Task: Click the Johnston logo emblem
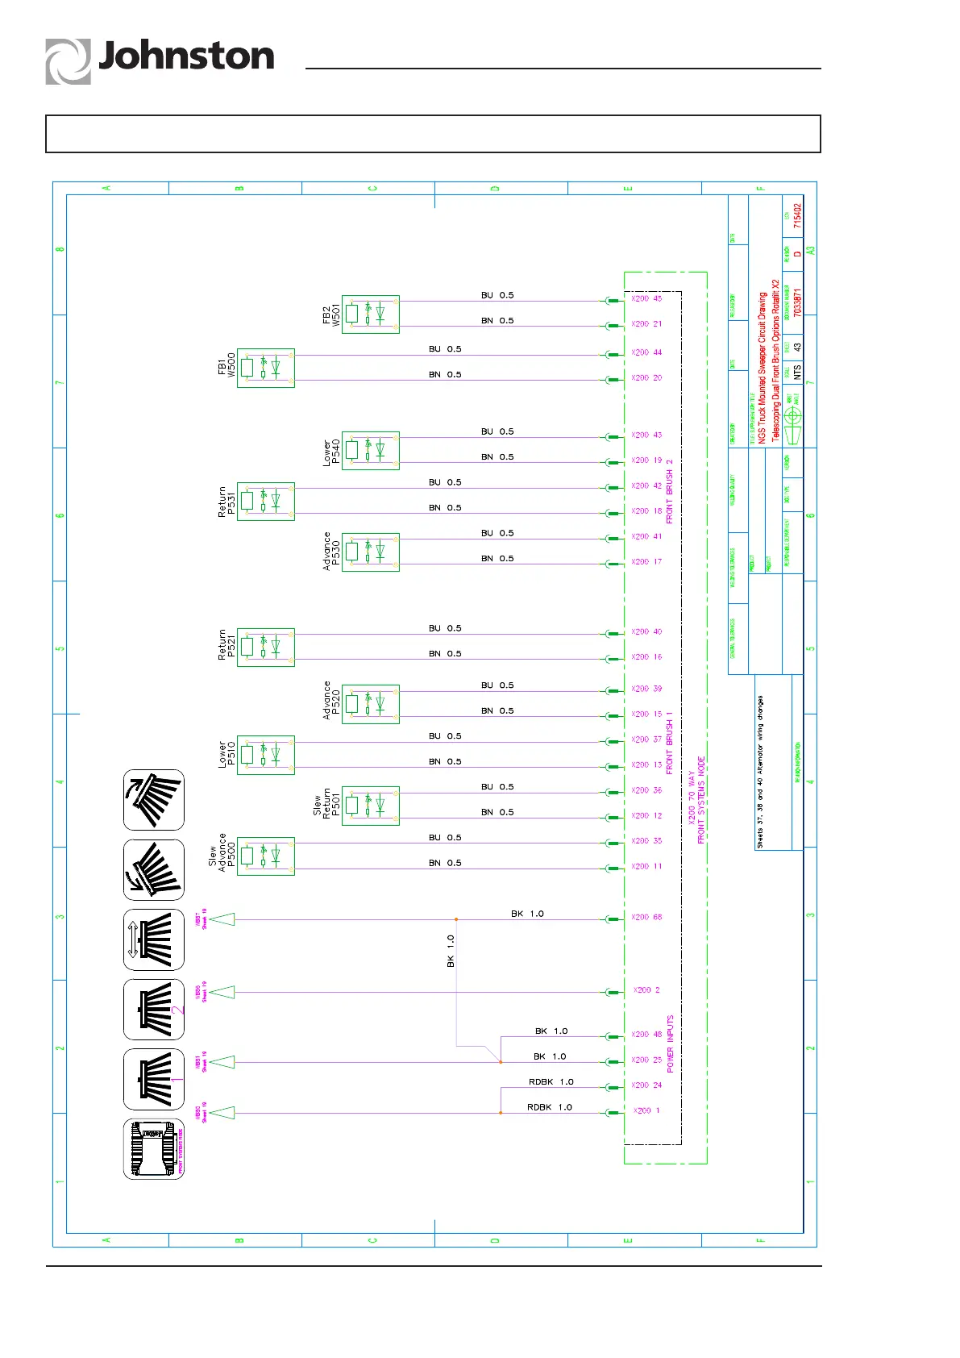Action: click(x=68, y=61)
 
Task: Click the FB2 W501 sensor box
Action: click(x=371, y=315)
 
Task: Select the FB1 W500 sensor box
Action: click(x=266, y=368)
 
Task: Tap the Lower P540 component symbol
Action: click(x=371, y=451)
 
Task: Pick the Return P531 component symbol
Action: click(x=266, y=502)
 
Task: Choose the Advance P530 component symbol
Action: click(x=371, y=552)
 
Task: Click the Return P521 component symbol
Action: click(x=266, y=648)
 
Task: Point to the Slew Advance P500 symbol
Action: click(x=266, y=856)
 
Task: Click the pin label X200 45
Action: click(x=646, y=298)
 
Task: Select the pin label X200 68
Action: click(x=646, y=917)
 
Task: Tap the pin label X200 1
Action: click(x=646, y=1110)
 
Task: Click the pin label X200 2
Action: click(x=646, y=989)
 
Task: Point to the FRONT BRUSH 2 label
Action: click(x=670, y=492)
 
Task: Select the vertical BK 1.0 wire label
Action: click(x=451, y=951)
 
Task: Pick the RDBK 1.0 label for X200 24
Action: click(x=551, y=1082)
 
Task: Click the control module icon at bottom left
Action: click(x=154, y=1149)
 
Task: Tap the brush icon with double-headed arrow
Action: click(x=154, y=939)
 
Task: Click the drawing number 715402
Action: click(x=797, y=215)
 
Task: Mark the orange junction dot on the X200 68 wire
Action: click(x=456, y=919)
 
